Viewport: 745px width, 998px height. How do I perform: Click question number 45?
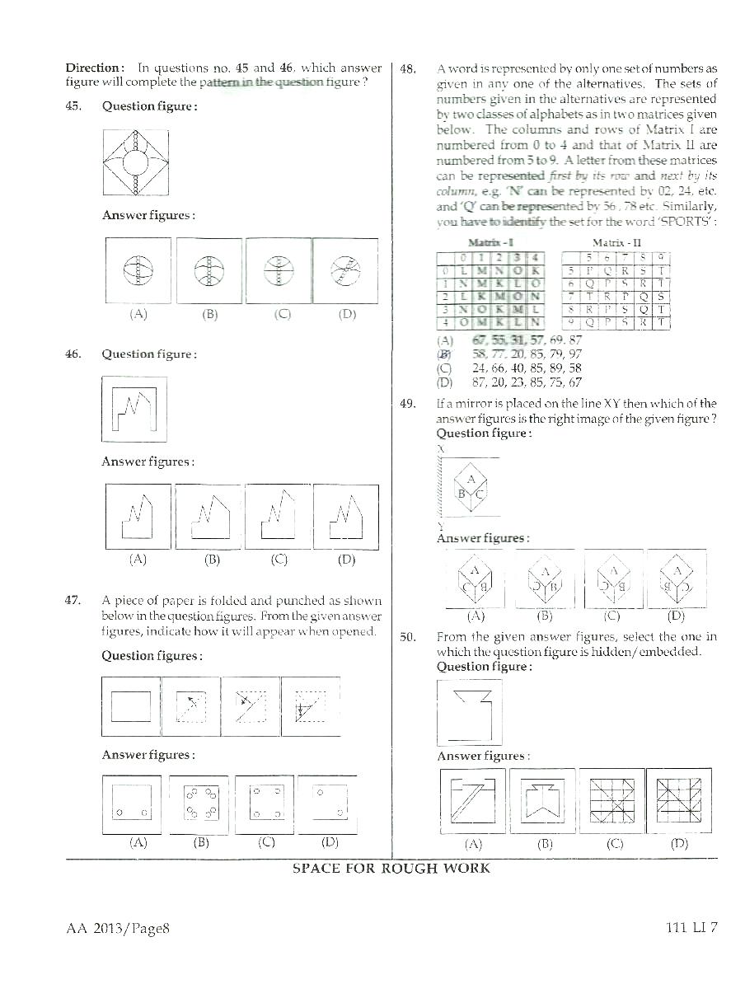coord(73,106)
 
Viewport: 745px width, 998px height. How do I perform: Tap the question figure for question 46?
coord(134,410)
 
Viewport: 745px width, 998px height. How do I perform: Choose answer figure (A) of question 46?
coord(138,517)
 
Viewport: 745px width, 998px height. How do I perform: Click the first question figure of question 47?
coord(130,706)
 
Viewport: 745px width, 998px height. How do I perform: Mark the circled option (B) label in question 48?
coord(445,354)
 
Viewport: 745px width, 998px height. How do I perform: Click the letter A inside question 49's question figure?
coord(471,479)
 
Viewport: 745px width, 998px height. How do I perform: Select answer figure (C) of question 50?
coord(611,800)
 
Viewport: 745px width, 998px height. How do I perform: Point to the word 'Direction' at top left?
coord(94,68)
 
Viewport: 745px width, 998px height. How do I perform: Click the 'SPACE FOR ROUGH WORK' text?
coord(391,869)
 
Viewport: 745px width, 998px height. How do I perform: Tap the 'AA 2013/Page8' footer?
coord(118,928)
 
